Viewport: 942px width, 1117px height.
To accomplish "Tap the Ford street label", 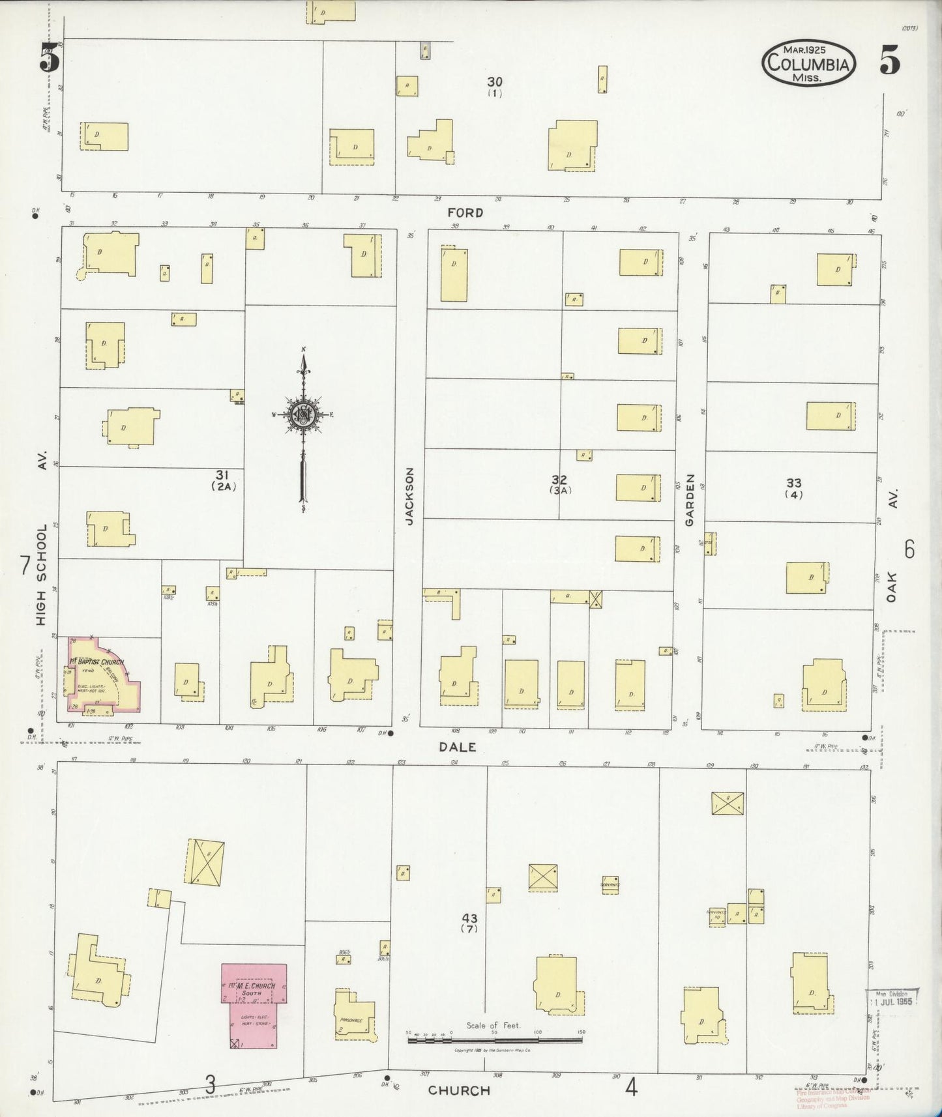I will pos(465,212).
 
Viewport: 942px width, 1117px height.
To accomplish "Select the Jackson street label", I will pos(409,496).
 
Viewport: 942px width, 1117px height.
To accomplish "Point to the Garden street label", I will pos(690,500).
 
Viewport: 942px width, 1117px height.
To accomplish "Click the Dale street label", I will pos(457,747).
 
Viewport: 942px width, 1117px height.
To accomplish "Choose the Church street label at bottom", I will pos(459,1090).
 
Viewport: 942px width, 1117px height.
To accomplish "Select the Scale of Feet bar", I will pos(494,1040).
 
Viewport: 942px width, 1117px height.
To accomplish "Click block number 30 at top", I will pos(495,82).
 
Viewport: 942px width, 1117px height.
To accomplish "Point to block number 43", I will pos(469,918).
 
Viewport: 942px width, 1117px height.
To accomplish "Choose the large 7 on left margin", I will pos(25,565).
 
